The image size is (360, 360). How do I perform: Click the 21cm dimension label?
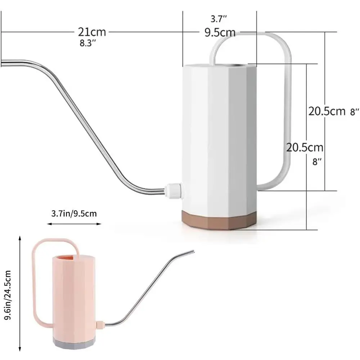point(92,32)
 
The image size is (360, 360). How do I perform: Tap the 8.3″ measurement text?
point(87,43)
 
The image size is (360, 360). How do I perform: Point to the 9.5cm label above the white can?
point(220,33)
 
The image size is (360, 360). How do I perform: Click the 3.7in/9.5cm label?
point(74,213)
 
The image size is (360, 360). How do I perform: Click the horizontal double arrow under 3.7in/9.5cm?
point(74,224)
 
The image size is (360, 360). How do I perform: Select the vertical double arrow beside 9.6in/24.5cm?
point(20,293)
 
